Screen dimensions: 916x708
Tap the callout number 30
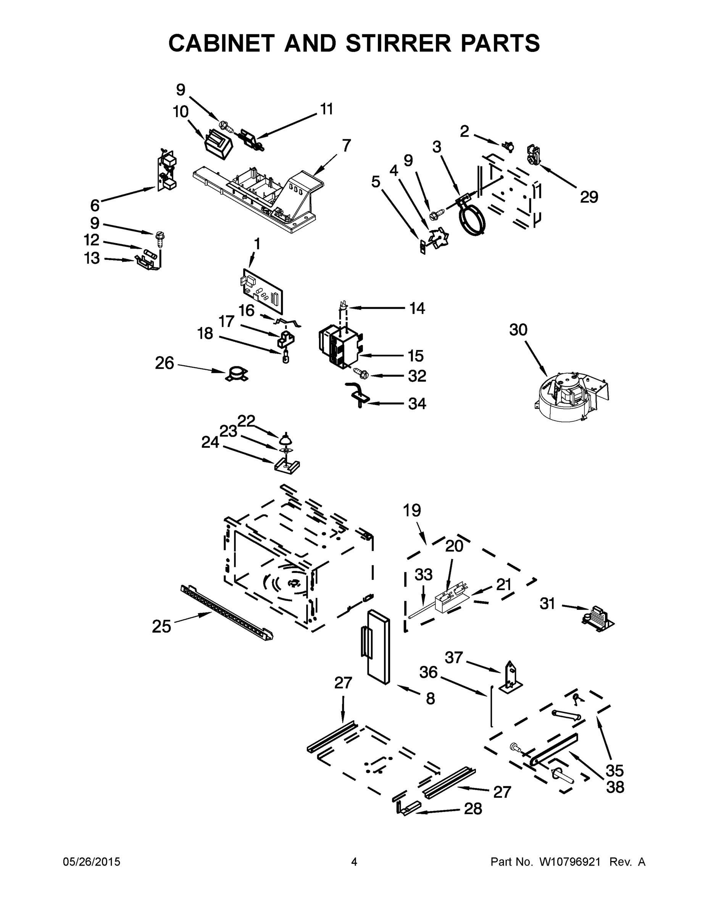(x=518, y=330)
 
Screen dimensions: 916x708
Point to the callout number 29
(x=589, y=197)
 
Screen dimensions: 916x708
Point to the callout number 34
(x=417, y=403)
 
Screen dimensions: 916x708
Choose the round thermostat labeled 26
(x=237, y=374)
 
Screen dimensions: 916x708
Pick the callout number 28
(x=473, y=809)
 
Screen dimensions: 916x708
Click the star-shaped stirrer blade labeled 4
(x=437, y=239)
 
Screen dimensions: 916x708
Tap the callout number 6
(x=95, y=205)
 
